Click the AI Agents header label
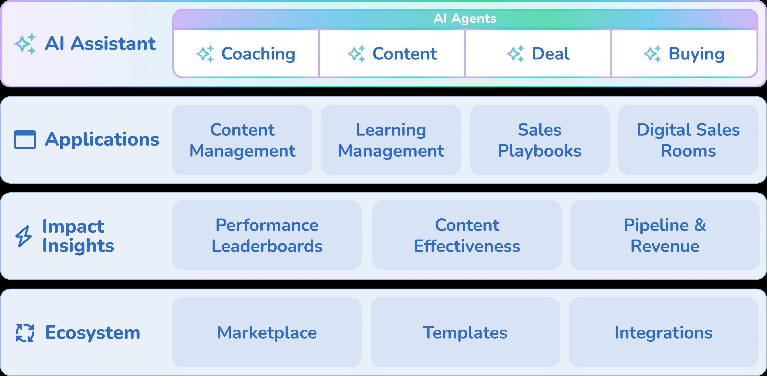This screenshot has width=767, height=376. click(x=465, y=18)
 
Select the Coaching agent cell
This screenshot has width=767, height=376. click(x=246, y=54)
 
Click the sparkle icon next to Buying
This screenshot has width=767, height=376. click(x=652, y=54)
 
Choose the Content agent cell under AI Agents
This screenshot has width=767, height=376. click(x=392, y=54)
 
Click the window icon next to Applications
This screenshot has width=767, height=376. click(x=25, y=139)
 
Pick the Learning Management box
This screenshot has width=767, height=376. click(x=391, y=140)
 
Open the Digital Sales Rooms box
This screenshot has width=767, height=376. click(x=688, y=140)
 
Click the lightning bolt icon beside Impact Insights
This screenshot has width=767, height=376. click(x=24, y=236)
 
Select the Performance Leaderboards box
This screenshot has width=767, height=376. click(x=267, y=235)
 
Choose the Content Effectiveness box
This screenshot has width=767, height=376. click(x=467, y=235)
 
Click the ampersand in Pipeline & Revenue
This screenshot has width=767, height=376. click(x=700, y=225)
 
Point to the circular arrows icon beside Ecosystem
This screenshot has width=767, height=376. click(x=25, y=332)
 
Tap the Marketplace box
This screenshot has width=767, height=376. click(x=267, y=332)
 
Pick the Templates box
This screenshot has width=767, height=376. click(x=465, y=332)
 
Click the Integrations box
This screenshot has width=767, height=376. click(x=663, y=332)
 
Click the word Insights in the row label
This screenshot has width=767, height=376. click(x=78, y=246)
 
